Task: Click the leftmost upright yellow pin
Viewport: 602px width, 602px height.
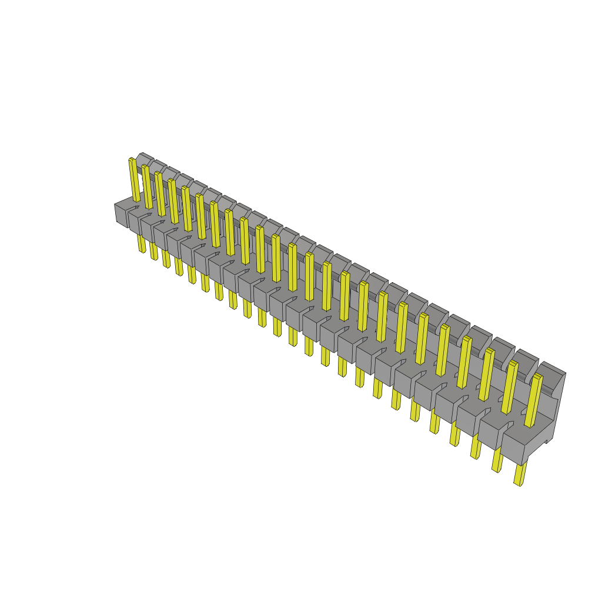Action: [x=135, y=180]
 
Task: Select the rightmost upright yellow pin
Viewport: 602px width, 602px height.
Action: [x=533, y=400]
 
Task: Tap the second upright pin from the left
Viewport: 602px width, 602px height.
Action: [x=147, y=187]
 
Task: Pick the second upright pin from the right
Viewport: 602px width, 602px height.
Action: [x=510, y=387]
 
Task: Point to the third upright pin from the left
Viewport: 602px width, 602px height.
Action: [x=160, y=194]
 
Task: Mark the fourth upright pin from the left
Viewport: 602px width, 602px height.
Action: [x=173, y=202]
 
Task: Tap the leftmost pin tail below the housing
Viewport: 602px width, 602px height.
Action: [x=142, y=243]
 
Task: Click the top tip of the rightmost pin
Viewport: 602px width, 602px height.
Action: [x=537, y=376]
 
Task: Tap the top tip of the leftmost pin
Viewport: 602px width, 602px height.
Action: [x=132, y=159]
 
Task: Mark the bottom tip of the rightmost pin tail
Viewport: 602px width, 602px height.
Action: [x=517, y=483]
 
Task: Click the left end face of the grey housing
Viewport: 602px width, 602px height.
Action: [x=121, y=215]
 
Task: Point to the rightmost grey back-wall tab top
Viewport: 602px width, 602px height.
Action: [x=552, y=368]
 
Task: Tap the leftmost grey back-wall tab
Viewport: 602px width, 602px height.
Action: [x=143, y=158]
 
